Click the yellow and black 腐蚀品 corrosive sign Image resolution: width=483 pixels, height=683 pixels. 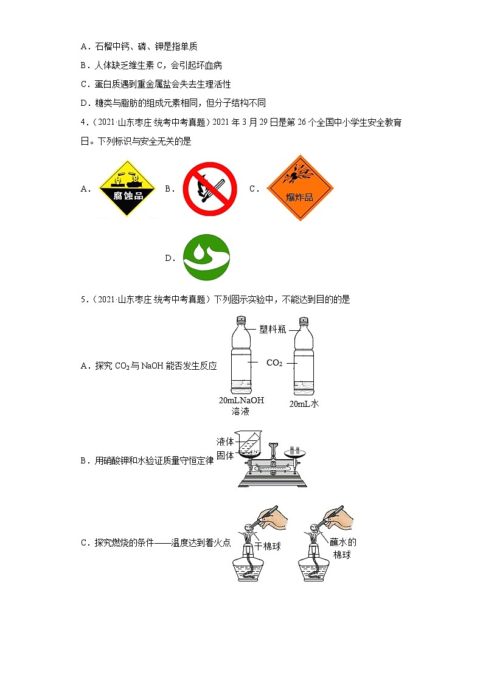point(128,189)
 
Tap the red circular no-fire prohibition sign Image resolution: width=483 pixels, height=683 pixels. point(209,189)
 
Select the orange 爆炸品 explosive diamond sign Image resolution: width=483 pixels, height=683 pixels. point(300,188)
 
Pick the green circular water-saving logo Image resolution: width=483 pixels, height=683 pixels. point(206,257)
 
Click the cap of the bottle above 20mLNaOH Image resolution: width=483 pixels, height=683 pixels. point(241,321)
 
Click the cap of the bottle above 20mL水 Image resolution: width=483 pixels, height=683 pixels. point(302,321)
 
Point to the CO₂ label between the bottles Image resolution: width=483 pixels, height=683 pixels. point(274,363)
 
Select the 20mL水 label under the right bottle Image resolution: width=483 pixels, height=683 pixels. point(304,404)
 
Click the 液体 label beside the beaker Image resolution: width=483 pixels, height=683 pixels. point(225,442)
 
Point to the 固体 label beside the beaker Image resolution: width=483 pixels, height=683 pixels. point(225,456)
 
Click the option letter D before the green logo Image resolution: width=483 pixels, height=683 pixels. point(169,258)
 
